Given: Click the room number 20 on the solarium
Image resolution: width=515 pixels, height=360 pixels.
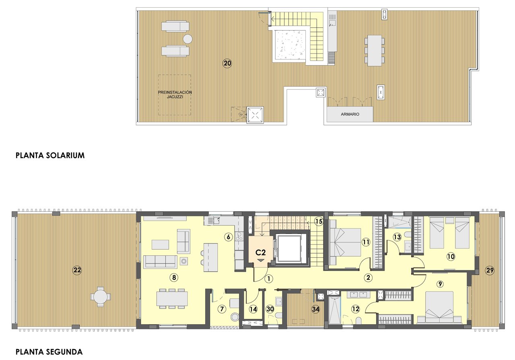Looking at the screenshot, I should [x=227, y=63].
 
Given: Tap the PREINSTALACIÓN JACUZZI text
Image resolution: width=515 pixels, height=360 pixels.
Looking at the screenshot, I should [x=175, y=95].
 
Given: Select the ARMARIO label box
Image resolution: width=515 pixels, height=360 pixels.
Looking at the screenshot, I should [x=350, y=114].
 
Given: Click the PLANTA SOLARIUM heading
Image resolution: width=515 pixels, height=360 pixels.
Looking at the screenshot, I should [x=50, y=155].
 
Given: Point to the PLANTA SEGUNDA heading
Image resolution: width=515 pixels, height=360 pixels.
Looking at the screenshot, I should [x=49, y=352].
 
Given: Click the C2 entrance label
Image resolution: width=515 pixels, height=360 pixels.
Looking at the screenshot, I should [x=261, y=253].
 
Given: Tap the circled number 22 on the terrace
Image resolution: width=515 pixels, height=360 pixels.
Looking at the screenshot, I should [x=77, y=270].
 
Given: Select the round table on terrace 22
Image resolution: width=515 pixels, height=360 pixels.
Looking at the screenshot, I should [x=100, y=297].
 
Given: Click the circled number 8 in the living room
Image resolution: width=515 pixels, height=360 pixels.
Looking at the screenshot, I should [x=174, y=277].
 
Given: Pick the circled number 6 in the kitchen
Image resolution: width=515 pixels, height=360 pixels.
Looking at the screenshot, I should [x=228, y=237].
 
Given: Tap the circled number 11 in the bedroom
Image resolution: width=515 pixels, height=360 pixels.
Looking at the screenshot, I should [x=365, y=242].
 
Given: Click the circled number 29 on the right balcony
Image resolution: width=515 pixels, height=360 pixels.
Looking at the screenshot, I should [x=489, y=270].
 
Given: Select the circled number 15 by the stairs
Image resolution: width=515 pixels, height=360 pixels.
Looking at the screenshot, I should [x=319, y=221].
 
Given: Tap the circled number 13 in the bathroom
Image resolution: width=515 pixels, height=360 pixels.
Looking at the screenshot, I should [x=397, y=237].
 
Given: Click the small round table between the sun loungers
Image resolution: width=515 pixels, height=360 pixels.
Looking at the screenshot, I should [x=187, y=39].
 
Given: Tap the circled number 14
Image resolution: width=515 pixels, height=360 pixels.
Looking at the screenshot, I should [x=253, y=309].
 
